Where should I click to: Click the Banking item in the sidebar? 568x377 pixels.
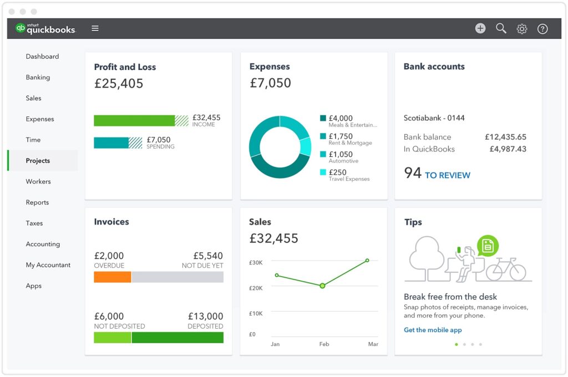pos(38,78)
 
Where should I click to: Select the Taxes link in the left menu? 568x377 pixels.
pos(34,223)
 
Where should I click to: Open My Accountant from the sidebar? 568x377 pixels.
pos(48,265)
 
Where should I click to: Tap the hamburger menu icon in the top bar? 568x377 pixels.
pos(95,28)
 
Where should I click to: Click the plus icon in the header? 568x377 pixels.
pos(480,28)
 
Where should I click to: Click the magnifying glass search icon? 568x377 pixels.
pos(501,28)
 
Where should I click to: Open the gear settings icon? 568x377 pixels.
pos(522,29)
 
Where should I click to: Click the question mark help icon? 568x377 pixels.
pos(542,29)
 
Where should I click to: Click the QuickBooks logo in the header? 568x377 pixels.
pos(45,29)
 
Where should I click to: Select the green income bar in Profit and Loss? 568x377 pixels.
pos(134,121)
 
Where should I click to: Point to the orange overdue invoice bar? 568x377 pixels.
pos(113,277)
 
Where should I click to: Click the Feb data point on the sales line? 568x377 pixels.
pos(322,286)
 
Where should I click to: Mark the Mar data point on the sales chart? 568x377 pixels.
pos(367,260)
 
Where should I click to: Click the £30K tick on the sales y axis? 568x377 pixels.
pos(256,262)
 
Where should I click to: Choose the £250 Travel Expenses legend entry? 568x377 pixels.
pos(344,175)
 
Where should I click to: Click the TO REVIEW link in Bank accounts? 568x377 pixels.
pos(447,175)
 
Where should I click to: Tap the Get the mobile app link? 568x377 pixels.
pos(433,330)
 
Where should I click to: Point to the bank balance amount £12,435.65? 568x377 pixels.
pos(505,137)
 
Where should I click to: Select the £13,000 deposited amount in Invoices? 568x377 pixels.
pos(205,317)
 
